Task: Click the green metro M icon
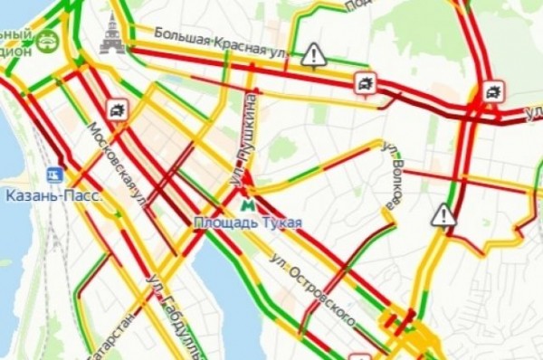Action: (248, 204)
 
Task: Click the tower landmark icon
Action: (112, 34)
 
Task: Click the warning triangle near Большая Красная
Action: (313, 55)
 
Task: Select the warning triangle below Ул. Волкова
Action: (443, 215)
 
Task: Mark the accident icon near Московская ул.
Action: (117, 110)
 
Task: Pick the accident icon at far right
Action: (492, 90)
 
